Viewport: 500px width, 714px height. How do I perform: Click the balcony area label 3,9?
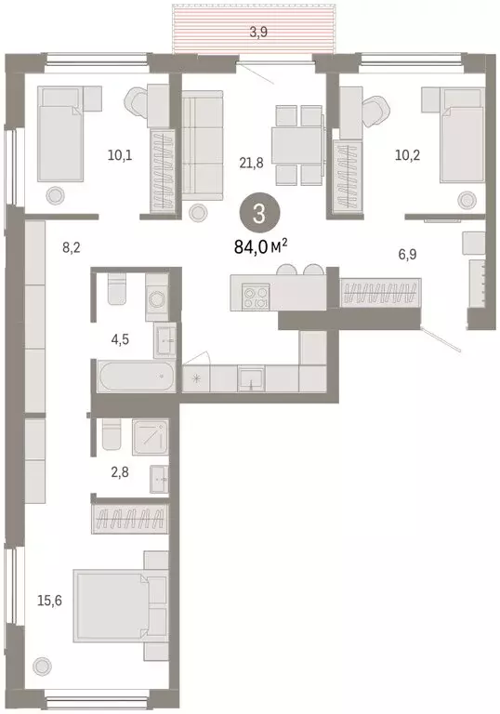point(250,33)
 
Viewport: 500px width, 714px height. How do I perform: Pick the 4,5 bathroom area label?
point(119,339)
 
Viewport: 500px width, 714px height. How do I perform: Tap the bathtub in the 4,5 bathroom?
point(134,379)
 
